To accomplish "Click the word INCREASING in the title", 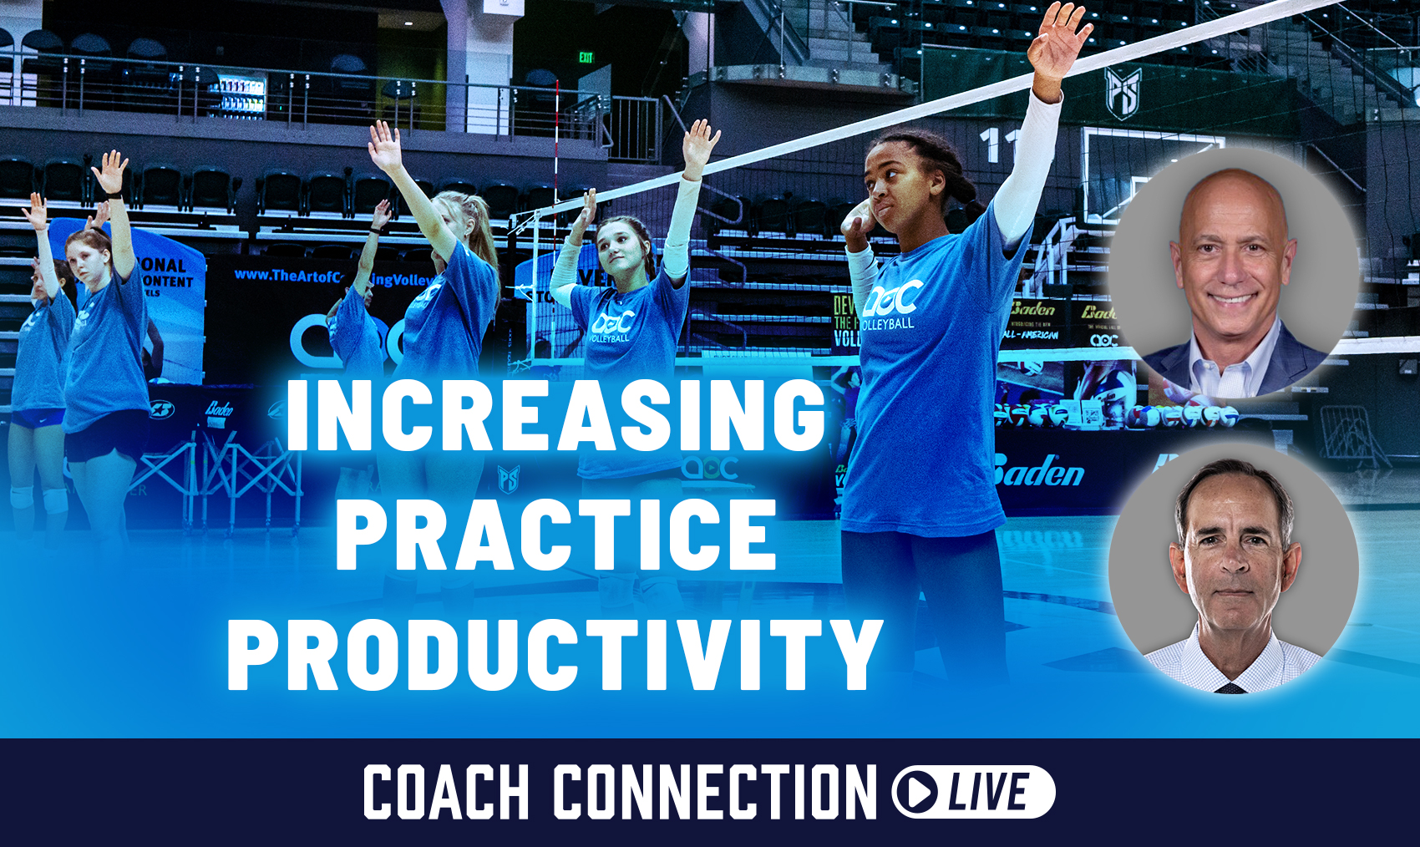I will tap(555, 415).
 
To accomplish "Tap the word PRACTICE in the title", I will tap(555, 535).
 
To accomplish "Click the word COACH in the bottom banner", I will tap(446, 792).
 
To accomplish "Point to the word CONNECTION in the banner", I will tap(714, 792).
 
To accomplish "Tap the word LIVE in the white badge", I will tap(990, 792).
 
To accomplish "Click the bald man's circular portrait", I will tap(1232, 271).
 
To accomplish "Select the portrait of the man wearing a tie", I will tap(1234, 568).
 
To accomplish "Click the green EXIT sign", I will tap(586, 58).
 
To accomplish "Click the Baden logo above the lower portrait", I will tap(1038, 474).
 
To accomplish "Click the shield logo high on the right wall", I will tap(1123, 92).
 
